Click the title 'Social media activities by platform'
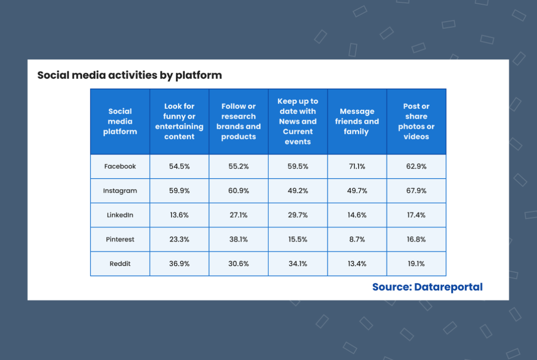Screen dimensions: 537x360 pos(130,75)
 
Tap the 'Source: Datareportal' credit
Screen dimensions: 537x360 pos(427,286)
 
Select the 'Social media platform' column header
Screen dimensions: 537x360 pos(120,121)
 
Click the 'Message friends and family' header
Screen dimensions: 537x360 pos(357,121)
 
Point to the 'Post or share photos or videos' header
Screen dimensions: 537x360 pos(416,121)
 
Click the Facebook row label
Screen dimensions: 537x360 pos(120,166)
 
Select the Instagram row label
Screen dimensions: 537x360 pos(120,191)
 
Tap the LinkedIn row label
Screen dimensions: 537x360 pos(120,215)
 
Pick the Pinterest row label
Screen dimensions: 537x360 pos(120,239)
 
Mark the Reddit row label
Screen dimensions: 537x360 pos(120,263)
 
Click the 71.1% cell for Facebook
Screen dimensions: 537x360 pos(357,166)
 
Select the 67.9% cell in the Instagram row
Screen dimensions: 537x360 pos(416,190)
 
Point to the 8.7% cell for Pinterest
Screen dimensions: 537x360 pos(357,239)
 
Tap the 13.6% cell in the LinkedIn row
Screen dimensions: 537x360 pos(179,215)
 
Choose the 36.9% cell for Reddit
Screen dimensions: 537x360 pos(179,263)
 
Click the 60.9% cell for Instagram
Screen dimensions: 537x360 pos(238,190)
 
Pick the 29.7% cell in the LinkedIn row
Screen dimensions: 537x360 pos(298,215)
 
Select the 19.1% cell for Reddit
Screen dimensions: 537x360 pos(416,263)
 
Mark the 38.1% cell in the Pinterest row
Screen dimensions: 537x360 pos(238,239)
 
